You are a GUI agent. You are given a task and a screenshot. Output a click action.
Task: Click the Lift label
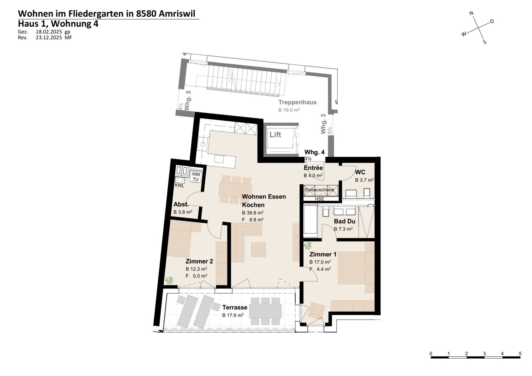click(275, 135)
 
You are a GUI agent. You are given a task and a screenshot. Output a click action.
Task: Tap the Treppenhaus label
click(297, 102)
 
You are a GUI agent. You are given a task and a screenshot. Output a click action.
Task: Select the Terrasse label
click(235, 307)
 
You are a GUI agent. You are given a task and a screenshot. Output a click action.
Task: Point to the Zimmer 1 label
click(323, 254)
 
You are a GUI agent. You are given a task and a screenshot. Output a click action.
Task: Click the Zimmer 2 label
click(199, 262)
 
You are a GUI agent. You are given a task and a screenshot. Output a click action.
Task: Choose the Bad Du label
click(344, 221)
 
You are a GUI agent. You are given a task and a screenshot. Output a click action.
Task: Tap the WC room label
click(360, 172)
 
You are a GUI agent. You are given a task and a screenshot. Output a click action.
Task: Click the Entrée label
click(313, 168)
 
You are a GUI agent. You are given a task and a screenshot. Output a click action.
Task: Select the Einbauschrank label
click(320, 190)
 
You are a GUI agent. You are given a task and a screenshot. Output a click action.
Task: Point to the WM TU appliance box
click(196, 177)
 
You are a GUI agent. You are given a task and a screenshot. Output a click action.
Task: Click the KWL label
click(179, 186)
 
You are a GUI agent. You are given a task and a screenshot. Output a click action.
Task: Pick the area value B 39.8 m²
click(253, 213)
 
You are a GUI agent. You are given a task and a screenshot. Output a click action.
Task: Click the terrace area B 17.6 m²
click(233, 315)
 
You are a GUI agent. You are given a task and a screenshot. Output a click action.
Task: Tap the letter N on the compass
click(472, 13)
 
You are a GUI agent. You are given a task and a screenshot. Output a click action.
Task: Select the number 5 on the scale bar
click(520, 354)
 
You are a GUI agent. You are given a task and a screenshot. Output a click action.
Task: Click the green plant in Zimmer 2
click(169, 280)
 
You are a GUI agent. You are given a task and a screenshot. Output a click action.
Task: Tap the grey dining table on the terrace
click(266, 311)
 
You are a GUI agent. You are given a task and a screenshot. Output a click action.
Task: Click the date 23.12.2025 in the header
click(49, 38)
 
